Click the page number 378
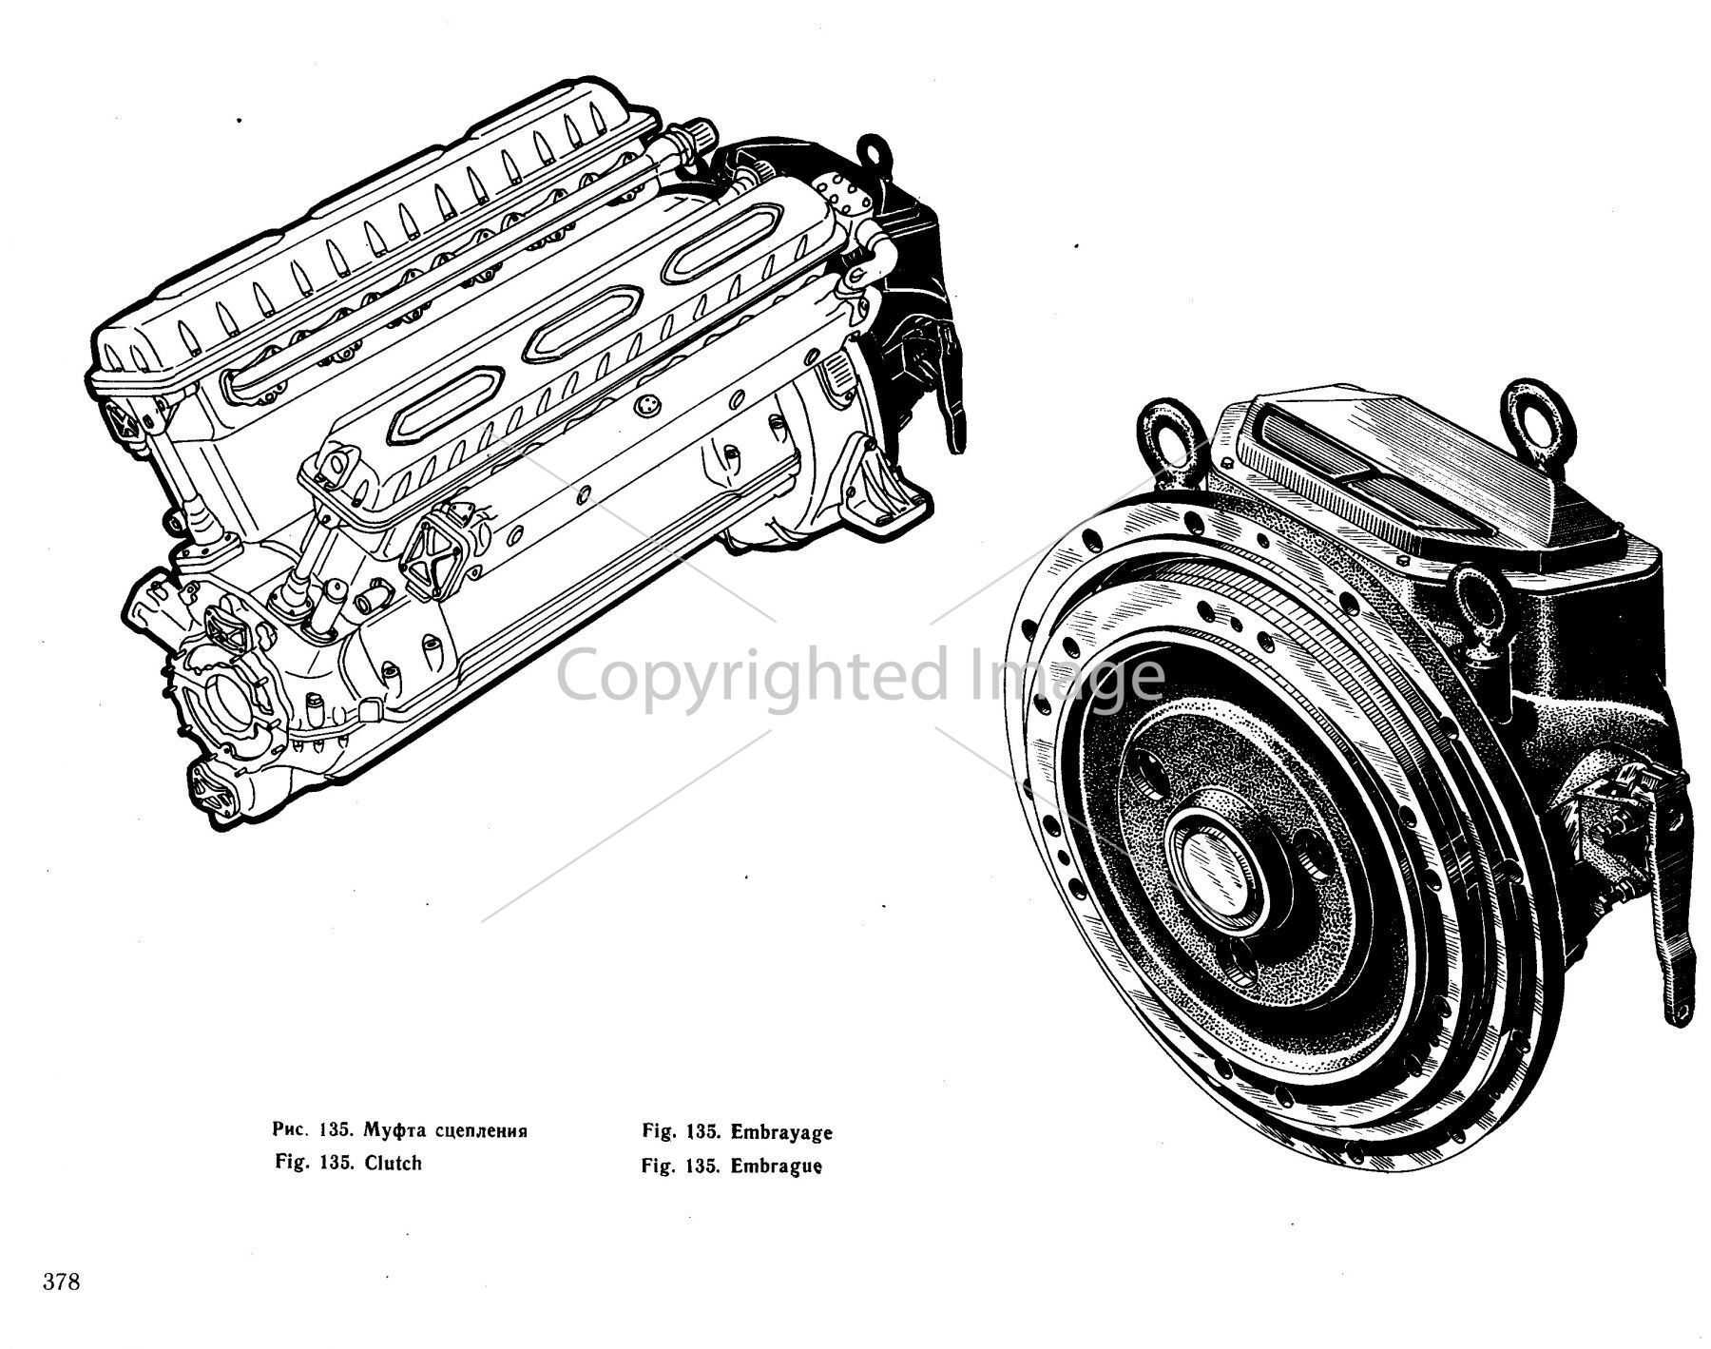61,1281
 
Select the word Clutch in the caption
393,1163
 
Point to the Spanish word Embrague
776,1166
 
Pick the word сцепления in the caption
480,1131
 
